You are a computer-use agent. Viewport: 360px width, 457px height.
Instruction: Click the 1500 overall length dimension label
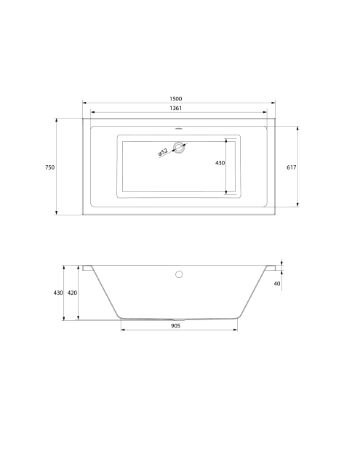(x=175, y=99)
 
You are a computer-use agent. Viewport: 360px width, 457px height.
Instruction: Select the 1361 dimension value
(x=175, y=108)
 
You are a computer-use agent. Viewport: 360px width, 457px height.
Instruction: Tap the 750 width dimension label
(x=49, y=167)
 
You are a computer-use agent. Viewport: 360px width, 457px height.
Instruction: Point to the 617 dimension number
(x=291, y=167)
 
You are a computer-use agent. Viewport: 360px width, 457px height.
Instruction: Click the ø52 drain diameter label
(x=163, y=152)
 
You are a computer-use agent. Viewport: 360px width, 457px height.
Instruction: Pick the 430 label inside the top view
(x=220, y=163)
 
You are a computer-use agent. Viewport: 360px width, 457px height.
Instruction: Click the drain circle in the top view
(x=179, y=148)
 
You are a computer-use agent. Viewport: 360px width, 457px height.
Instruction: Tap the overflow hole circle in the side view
(x=179, y=274)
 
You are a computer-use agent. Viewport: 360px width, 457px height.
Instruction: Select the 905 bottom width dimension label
(x=175, y=325)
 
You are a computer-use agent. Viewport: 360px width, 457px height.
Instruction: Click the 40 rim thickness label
(x=277, y=283)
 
